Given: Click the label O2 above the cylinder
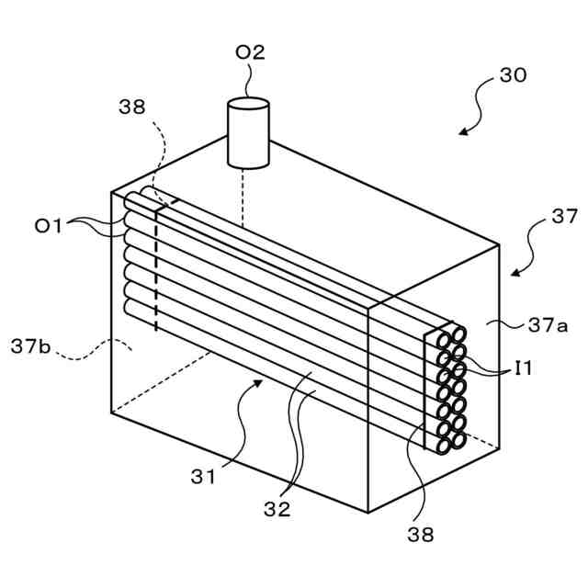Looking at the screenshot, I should (x=250, y=52).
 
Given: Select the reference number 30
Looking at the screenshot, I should (x=513, y=75).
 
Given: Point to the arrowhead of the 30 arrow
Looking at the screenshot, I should (x=462, y=132).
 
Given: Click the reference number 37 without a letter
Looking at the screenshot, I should (x=563, y=217).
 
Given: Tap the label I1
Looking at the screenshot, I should (x=524, y=369).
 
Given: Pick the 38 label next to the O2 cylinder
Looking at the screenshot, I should (x=131, y=107).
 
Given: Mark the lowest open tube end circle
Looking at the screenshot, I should (x=443, y=447).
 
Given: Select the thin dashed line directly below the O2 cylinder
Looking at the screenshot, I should (x=243, y=197).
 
